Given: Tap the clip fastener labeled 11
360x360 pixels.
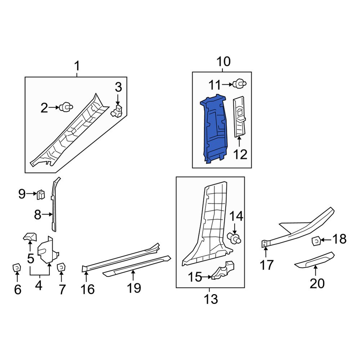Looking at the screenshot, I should [240, 84].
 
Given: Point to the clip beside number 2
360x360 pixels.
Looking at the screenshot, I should [66, 107].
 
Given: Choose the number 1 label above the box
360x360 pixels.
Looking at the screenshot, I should [77, 66].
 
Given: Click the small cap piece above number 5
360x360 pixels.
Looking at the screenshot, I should [30, 237].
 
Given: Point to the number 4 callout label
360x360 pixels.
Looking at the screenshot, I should [39, 285].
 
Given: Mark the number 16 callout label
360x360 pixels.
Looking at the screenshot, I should [87, 289].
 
